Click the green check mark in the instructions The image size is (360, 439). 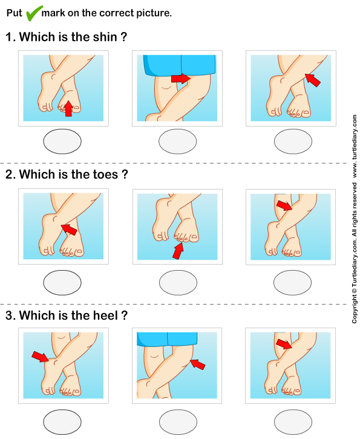tap(34, 12)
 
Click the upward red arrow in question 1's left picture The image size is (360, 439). tap(68, 108)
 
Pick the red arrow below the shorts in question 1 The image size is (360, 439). tap(180, 78)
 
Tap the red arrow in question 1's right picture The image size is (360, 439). tap(312, 80)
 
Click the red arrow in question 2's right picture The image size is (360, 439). tap(283, 206)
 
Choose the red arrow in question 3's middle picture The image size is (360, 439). tap(197, 364)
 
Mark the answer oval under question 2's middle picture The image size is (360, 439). tap(177, 282)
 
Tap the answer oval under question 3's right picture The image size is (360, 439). tap(292, 420)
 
